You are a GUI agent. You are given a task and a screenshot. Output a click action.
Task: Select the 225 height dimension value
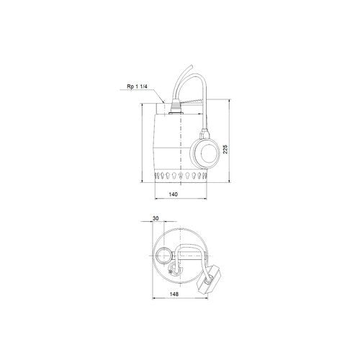(225, 149)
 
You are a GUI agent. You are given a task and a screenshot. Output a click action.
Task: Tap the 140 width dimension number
(174, 194)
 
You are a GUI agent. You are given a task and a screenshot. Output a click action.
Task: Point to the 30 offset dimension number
(156, 218)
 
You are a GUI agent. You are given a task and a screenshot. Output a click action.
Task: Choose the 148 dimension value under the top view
(174, 294)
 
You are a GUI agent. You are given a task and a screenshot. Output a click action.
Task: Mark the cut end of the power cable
(192, 66)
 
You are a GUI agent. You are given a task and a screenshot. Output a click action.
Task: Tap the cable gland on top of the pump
(176, 108)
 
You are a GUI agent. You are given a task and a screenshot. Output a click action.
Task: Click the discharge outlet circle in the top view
(163, 256)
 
